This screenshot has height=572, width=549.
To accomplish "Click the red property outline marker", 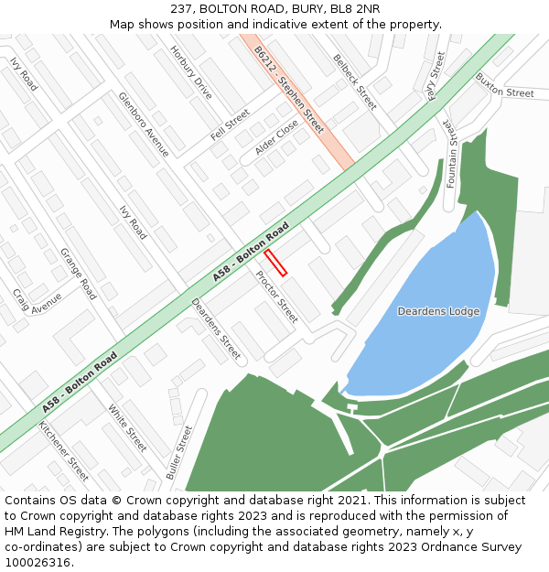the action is coord(275,263).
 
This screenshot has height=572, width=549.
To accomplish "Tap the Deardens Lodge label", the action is coord(438,311).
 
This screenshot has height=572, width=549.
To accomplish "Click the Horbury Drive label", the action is coord(190,72).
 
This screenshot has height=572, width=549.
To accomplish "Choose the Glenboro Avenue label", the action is coord(144,124).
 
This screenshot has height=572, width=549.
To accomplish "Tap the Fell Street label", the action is coord(230,124).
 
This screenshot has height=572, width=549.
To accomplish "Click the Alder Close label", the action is coord(276,135).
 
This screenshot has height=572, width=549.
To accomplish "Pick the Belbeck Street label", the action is coord(354,81).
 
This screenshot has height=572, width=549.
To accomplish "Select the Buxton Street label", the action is coord(504,93).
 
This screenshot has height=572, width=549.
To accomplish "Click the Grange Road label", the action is coord(78,273).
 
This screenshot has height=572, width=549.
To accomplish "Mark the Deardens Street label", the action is coord(215,328).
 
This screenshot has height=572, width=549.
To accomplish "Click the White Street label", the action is coord(127,427).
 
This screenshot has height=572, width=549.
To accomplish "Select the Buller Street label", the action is coord(179,452).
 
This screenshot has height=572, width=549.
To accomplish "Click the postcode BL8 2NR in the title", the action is coord(353,8).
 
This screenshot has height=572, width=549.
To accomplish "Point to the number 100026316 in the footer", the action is coord(37,562).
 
